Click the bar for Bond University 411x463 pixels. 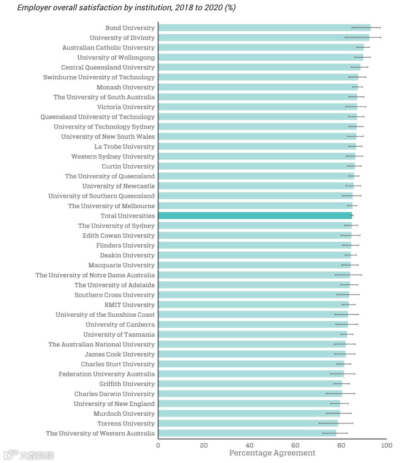point(264,28)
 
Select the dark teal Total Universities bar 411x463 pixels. point(255,216)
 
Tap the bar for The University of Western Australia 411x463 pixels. point(247,433)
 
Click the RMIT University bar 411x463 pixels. point(253,305)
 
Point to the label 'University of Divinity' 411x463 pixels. point(122,38)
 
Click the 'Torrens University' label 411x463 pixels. point(126,423)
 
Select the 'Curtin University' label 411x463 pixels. point(128,167)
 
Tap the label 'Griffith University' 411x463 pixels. point(127,384)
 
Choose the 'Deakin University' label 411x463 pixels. point(127,255)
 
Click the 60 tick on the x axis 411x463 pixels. point(295,445)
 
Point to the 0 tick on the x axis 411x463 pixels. point(158,445)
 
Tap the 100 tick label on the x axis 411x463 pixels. point(386,445)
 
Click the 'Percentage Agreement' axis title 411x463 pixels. point(272,453)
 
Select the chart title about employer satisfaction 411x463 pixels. point(126,8)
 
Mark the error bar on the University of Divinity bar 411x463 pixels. point(363,38)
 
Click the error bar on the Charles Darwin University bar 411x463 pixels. point(340,394)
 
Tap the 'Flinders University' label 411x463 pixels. point(125,245)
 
